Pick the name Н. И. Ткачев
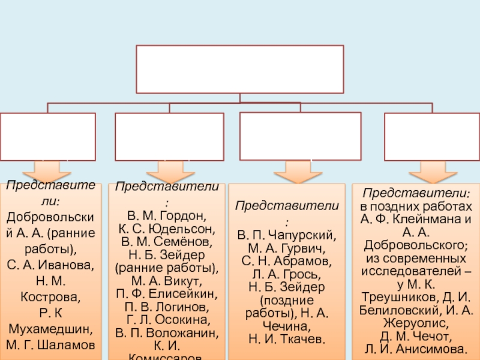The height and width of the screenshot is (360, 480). pos(287,340)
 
